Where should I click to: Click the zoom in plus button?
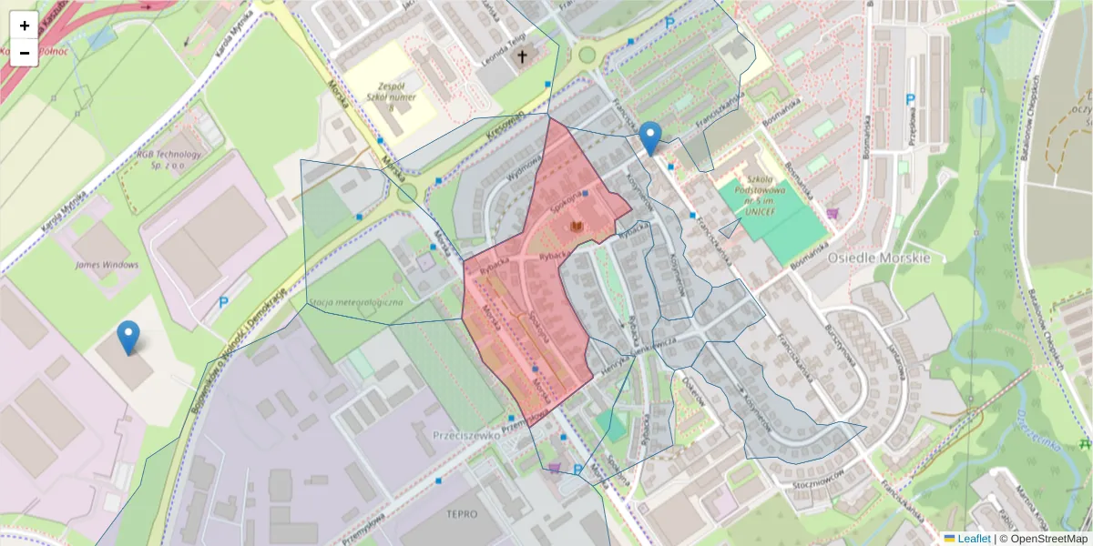(x=25, y=25)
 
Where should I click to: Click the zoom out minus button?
(x=25, y=53)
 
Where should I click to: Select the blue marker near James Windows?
(x=128, y=337)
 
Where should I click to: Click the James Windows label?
(x=107, y=265)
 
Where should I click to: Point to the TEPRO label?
(x=462, y=514)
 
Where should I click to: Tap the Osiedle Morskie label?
(x=878, y=258)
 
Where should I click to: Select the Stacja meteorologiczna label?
(x=355, y=301)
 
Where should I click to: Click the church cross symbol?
(x=523, y=57)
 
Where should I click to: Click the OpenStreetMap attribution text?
(x=1043, y=539)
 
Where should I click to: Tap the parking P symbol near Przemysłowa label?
(x=577, y=470)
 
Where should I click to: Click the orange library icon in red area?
(x=576, y=225)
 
